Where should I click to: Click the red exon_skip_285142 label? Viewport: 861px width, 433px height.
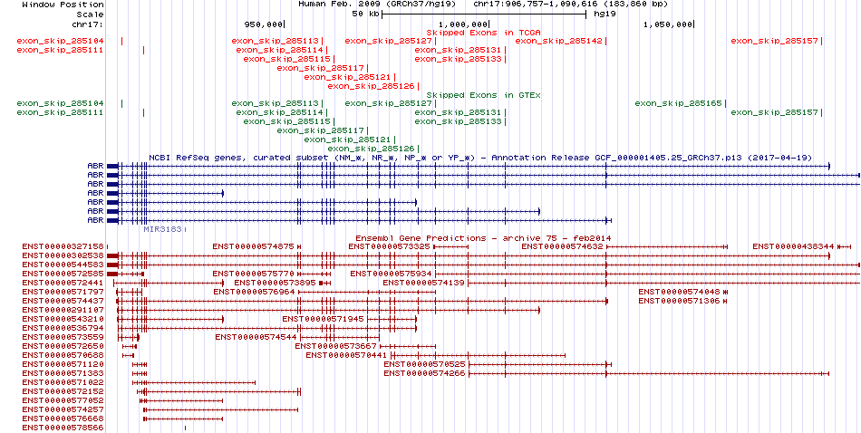(559, 41)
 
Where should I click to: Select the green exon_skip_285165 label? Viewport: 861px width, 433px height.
(678, 104)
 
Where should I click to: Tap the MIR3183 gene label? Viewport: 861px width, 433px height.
(162, 229)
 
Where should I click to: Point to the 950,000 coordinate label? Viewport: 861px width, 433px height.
(263, 24)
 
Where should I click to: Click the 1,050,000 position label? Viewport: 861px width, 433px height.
(668, 24)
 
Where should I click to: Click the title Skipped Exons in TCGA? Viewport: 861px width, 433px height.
(484, 33)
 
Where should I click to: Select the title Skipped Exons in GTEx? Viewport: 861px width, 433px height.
(484, 95)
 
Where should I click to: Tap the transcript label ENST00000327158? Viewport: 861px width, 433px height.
(63, 246)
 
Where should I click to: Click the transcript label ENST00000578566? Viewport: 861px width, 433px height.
(63, 428)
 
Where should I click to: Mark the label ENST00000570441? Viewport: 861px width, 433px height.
(347, 355)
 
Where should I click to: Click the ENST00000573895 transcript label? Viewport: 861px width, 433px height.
(276, 283)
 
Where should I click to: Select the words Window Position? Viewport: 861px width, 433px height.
(63, 5)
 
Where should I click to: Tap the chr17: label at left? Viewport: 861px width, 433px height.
(88, 24)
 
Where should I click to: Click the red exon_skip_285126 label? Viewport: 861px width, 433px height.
(372, 86)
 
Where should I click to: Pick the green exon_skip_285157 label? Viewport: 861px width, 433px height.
(774, 112)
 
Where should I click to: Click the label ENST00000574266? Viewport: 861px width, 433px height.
(425, 373)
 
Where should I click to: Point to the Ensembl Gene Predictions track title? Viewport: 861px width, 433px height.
(483, 238)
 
